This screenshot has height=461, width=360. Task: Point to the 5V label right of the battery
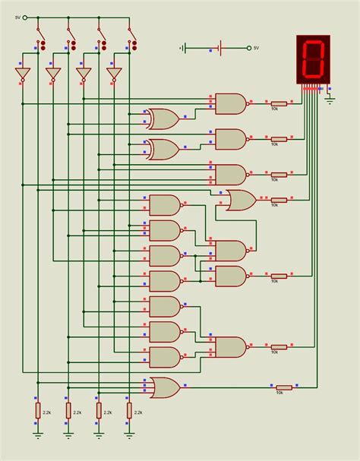(256, 48)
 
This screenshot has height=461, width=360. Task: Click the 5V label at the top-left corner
(17, 17)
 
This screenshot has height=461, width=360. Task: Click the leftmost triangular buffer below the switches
(23, 74)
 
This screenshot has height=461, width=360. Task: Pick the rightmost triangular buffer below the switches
(114, 74)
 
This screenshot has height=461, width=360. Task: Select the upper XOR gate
(163, 118)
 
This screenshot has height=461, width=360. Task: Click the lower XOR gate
(163, 149)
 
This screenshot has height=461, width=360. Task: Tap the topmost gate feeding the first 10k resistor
(231, 103)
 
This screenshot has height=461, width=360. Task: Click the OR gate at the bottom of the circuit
(165, 387)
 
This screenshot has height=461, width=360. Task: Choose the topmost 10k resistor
(279, 103)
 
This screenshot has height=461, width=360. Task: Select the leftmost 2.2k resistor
(37, 411)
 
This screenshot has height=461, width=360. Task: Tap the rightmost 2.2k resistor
(128, 411)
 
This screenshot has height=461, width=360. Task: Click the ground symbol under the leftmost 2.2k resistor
(37, 434)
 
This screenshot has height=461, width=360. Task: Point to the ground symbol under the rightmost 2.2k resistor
(128, 434)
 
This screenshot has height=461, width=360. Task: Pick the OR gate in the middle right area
(241, 200)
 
